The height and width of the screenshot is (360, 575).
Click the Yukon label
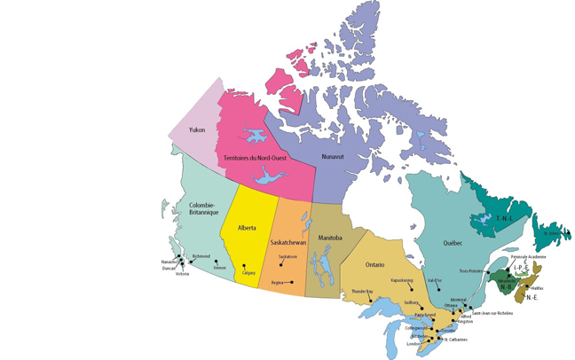198,130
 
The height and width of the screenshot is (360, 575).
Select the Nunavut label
333,156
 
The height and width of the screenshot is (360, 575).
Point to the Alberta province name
247,228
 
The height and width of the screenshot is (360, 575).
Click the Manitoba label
330,238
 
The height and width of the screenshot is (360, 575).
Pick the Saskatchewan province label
287,242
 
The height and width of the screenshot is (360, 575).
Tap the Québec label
453,242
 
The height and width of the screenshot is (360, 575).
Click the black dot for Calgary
244,266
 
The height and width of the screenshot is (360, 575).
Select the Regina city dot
291,282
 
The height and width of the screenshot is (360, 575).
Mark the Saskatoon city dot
285,263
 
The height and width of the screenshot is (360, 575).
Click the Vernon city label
219,267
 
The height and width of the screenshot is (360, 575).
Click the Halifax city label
537,287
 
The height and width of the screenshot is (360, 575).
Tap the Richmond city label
201,256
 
